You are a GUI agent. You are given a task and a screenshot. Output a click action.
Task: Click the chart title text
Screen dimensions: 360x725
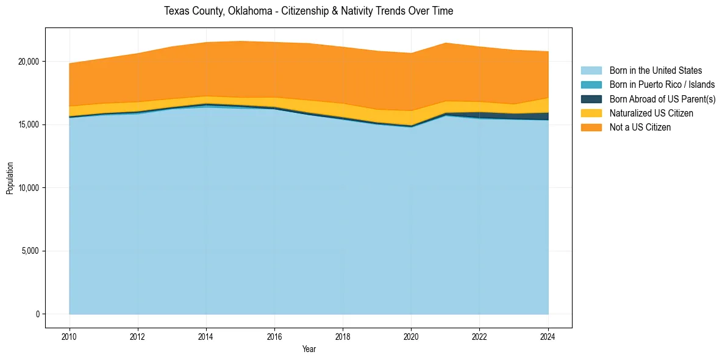coord(309,11)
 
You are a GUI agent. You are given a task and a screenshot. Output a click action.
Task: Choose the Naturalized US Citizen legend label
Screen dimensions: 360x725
coord(651,113)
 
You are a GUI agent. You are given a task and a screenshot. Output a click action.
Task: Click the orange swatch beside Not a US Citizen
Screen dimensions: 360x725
coord(591,128)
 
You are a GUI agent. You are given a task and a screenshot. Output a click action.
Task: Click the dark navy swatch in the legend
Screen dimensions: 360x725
coord(591,99)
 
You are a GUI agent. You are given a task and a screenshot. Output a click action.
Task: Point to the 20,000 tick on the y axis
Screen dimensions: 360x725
coord(28,62)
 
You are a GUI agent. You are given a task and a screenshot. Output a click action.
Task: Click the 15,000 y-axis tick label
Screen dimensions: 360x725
coord(28,124)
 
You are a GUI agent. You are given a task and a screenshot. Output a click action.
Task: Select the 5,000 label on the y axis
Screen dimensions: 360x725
coord(30,251)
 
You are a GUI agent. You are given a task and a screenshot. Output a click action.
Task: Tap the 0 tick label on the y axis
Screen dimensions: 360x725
coord(38,314)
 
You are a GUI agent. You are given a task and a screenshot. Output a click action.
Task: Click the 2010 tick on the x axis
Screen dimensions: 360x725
coord(70,336)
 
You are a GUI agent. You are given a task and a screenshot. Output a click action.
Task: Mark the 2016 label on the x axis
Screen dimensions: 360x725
coord(274,336)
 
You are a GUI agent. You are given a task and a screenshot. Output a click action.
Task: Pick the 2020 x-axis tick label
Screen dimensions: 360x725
coord(411,336)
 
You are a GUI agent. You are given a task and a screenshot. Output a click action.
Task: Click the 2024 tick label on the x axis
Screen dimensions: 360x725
coord(548,336)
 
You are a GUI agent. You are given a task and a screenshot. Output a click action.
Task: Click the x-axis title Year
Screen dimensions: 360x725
coord(309,349)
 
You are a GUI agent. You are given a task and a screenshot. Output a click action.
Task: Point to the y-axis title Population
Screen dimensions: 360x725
coord(10,178)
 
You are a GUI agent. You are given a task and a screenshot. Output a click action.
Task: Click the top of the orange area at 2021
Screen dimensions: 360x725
coord(445,43)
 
